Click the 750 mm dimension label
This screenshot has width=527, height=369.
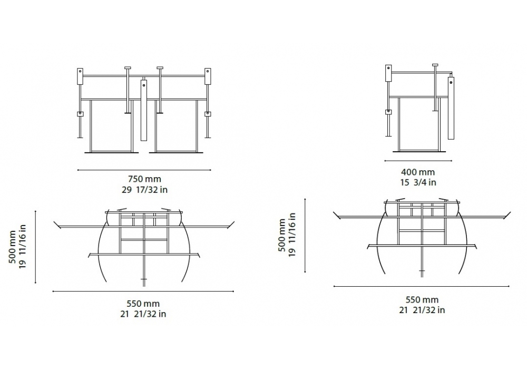pyautogui.click(x=144, y=179)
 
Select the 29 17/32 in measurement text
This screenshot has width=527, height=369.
pyautogui.click(x=144, y=190)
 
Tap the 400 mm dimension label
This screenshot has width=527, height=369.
pyautogui.click(x=418, y=172)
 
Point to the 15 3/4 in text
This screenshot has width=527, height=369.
pyautogui.click(x=418, y=182)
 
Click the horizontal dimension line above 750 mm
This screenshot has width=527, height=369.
pyautogui.click(x=144, y=170)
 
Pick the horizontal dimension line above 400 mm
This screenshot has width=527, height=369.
pyautogui.click(x=418, y=161)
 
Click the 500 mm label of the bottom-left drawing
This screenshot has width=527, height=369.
pyautogui.click(x=12, y=247)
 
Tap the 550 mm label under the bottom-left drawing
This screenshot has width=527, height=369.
pyautogui.click(x=143, y=304)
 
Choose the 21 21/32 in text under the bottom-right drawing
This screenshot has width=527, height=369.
pyautogui.click(x=422, y=310)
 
